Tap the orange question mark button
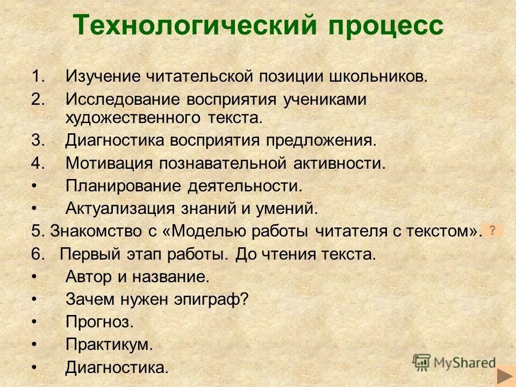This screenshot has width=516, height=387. point(492,230)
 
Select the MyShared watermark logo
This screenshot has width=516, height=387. point(454,362)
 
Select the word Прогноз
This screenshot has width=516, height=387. point(99,322)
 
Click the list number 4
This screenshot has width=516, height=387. point(37,163)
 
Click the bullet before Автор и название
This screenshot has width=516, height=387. point(34,277)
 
